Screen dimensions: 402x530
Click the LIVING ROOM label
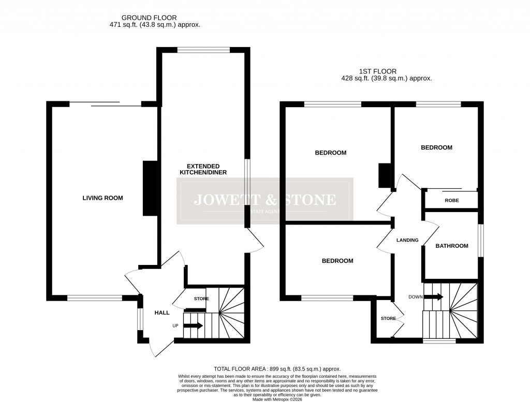click(102, 198)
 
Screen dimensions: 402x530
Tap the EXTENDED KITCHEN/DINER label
click(203, 168)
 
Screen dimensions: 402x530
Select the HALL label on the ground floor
click(162, 312)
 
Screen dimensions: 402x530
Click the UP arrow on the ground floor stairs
click(193, 326)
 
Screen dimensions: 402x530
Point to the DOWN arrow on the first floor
click(433, 297)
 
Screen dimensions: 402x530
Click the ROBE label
click(452, 200)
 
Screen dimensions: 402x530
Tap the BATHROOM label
click(451, 246)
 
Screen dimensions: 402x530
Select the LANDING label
click(407, 240)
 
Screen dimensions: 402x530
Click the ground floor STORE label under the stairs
click(201, 299)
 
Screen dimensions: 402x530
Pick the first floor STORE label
click(388, 318)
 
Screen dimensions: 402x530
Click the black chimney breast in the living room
click(151, 188)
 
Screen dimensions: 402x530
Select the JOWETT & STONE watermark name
click(264, 200)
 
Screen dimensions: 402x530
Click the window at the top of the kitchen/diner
click(203, 50)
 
